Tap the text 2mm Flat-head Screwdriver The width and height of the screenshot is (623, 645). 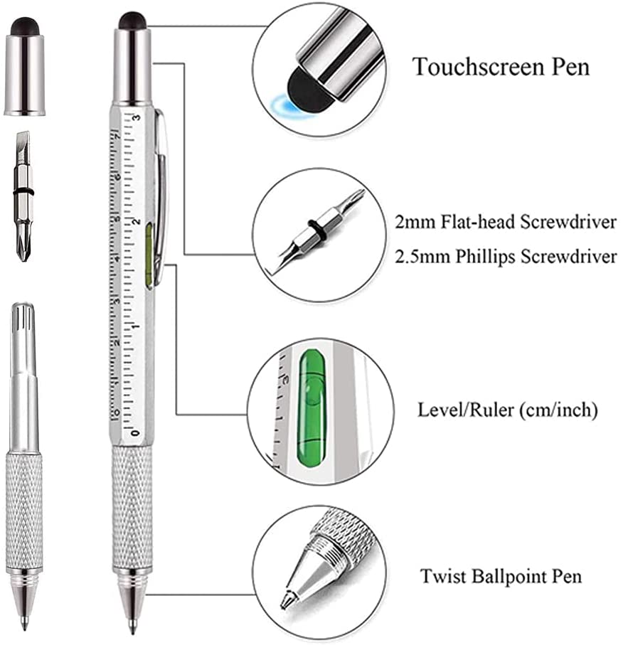(506, 222)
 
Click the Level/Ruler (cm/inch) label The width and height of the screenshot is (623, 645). (508, 410)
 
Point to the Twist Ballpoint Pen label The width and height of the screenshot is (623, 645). (500, 575)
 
